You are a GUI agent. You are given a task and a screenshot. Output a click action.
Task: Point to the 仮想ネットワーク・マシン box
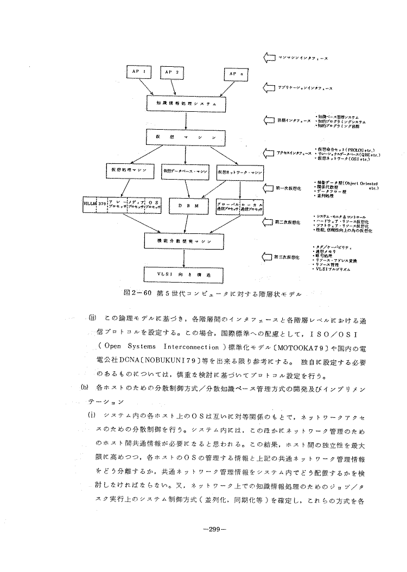(239, 171)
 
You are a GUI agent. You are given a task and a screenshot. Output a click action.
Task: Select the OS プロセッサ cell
(153, 205)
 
